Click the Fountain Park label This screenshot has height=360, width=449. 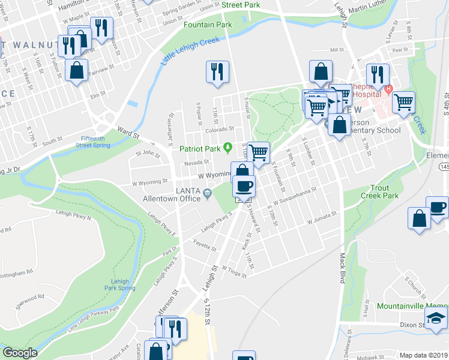click(208, 25)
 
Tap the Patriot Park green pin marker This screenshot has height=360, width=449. click(228, 147)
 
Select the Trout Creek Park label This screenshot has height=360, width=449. click(379, 192)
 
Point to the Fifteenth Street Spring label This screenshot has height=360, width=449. click(93, 142)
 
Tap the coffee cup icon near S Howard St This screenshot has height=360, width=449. click(244, 185)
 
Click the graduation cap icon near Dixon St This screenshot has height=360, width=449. click(436, 319)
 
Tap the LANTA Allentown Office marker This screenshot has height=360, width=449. click(207, 193)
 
